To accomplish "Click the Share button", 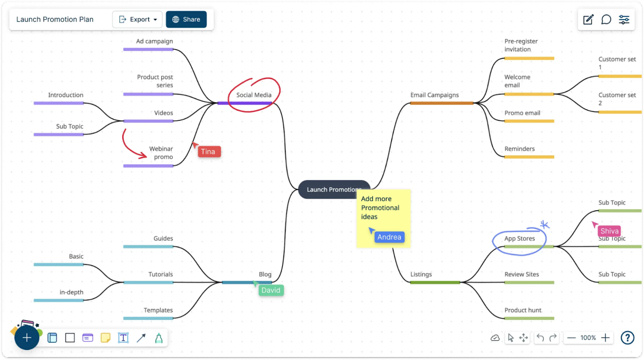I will (186, 19).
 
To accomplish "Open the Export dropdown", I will (138, 19).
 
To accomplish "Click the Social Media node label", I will (254, 95).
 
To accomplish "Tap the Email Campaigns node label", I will (434, 95).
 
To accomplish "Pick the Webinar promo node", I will (161, 153).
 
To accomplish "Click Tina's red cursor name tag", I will (208, 152).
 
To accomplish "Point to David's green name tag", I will (271, 290).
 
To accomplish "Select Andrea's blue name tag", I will (389, 237).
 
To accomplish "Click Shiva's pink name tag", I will (609, 231).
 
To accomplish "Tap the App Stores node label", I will (519, 238).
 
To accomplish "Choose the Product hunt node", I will (523, 310).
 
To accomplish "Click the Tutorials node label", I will (161, 274).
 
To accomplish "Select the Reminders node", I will (519, 149).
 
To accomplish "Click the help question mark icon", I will (627, 338).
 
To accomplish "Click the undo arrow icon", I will (540, 338).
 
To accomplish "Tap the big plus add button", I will (27, 338).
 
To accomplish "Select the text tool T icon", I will (123, 338).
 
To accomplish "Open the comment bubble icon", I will (606, 20).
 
